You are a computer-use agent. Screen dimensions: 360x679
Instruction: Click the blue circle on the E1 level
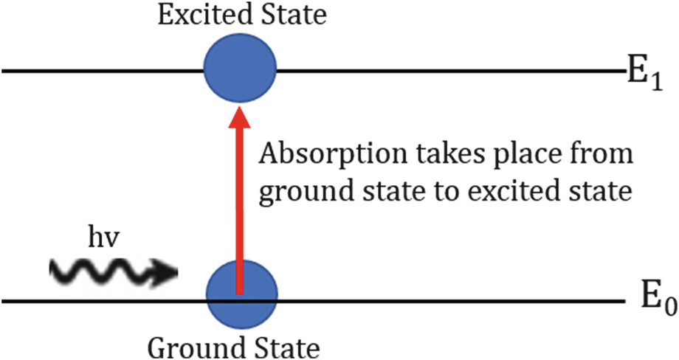pos(240,71)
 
